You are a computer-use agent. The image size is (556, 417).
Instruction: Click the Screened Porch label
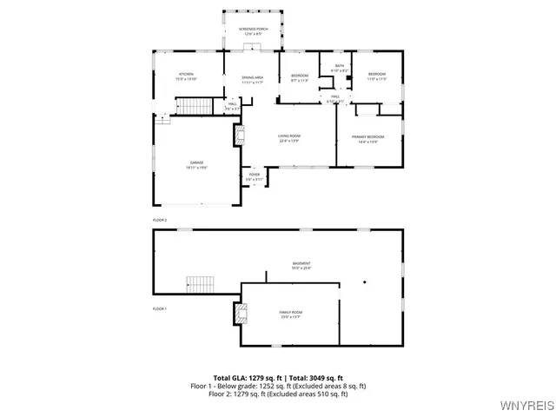coord(254,31)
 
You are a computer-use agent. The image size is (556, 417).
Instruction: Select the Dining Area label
coord(253,80)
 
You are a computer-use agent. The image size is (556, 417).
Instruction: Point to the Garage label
coord(196,165)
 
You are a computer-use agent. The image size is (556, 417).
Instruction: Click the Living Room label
coord(289,138)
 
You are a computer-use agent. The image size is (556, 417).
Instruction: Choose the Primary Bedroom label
coord(367,139)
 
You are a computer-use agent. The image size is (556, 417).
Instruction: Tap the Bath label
coord(338,68)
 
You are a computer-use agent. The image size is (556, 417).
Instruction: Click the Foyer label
coord(254,176)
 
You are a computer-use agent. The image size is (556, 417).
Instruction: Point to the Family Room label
coord(290,314)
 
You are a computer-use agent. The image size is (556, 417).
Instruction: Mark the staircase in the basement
coord(200,284)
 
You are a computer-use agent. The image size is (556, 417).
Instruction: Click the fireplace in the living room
coord(238,136)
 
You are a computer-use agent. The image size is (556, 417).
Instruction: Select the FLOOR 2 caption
coord(159,220)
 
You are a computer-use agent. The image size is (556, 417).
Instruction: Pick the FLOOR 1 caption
coord(159,308)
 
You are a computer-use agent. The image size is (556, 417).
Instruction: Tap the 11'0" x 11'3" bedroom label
coord(376,76)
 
